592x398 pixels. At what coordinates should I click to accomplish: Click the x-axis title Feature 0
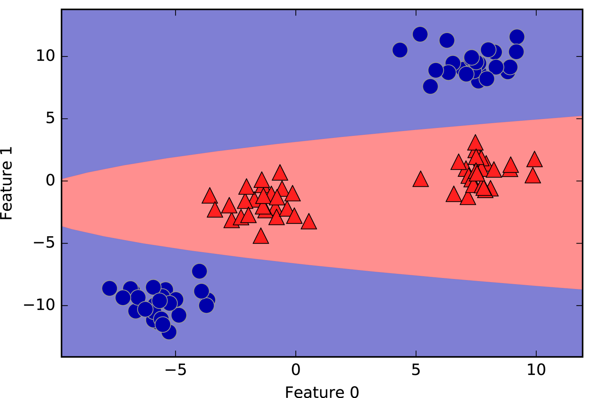click(322, 392)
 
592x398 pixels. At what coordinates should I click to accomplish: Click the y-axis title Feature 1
click(7, 183)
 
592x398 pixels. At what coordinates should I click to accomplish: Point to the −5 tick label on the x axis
click(176, 370)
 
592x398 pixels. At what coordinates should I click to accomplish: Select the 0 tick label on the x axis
click(296, 370)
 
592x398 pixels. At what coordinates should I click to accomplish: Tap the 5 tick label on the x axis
click(416, 370)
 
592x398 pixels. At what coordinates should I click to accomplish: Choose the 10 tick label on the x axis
click(536, 370)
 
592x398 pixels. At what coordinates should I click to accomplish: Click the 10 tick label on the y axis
click(45, 56)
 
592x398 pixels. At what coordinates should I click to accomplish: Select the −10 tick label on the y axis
click(40, 305)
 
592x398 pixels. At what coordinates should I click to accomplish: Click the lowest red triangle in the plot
click(261, 237)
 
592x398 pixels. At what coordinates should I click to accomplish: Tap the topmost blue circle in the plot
click(420, 34)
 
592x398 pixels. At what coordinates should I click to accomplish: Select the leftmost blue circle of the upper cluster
click(400, 50)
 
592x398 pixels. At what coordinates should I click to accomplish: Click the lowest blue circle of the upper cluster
click(430, 86)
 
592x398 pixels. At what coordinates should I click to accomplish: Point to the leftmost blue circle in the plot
click(109, 288)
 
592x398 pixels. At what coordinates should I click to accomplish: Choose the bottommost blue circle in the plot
click(169, 332)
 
